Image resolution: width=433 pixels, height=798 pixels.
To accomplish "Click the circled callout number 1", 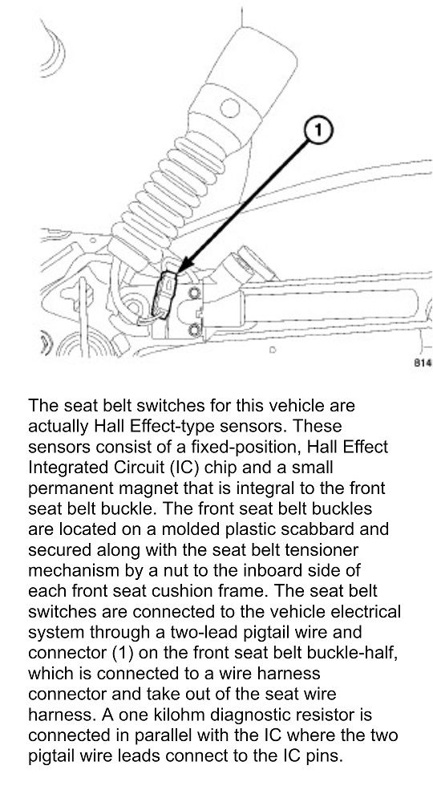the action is tap(318, 131).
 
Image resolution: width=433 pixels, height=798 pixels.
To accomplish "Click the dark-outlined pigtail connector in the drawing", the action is tap(165, 294).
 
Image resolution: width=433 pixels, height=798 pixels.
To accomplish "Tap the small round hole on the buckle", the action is tap(230, 108).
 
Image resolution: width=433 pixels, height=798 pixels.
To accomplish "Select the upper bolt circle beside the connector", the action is tap(193, 293).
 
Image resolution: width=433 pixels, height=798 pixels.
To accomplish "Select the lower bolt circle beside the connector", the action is tap(193, 330).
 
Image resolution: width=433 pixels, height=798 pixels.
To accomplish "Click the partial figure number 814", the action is tap(423, 363).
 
